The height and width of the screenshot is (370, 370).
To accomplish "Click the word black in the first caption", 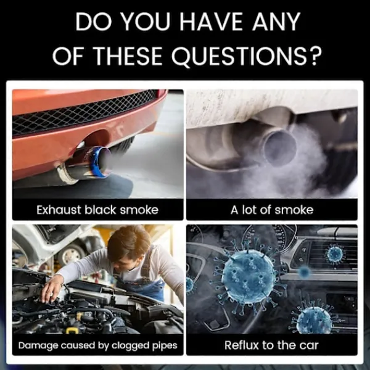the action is [x=100, y=210].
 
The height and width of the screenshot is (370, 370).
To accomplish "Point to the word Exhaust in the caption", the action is [x=59, y=210].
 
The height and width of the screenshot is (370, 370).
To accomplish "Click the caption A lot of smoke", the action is [x=272, y=210].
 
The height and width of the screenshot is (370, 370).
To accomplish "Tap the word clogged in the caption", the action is [x=131, y=346].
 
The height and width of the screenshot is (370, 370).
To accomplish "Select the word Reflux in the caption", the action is [x=242, y=345].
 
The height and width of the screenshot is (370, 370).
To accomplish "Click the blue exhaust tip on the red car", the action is [x=99, y=162].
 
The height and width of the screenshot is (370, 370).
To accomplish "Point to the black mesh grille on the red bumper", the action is [x=83, y=113].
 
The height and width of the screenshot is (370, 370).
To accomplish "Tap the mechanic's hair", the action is [x=129, y=242].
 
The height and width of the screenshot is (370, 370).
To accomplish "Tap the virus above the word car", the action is [x=314, y=319].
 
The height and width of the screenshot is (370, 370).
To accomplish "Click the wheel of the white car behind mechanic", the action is [x=70, y=255].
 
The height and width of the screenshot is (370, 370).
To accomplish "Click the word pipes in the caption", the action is [x=165, y=346].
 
